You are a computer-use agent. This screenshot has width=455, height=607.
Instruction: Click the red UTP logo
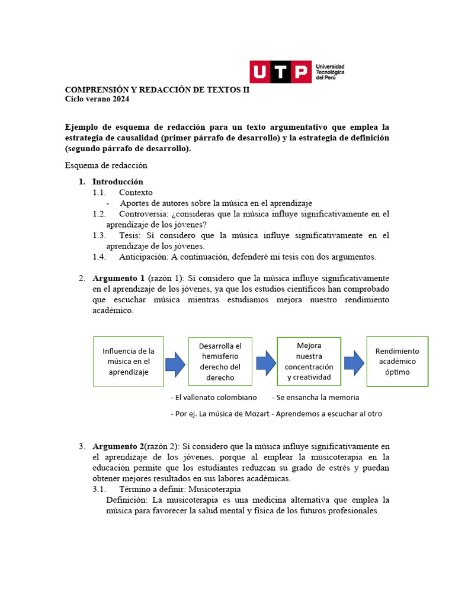(280, 72)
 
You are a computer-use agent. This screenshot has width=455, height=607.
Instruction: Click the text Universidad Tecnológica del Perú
(331, 72)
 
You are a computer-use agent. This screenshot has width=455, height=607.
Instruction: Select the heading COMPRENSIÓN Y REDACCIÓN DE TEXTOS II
(157, 90)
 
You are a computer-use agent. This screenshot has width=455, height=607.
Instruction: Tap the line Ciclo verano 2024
(97, 99)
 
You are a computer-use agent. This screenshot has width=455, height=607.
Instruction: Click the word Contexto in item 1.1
(136, 192)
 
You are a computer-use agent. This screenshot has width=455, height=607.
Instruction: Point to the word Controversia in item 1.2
(142, 213)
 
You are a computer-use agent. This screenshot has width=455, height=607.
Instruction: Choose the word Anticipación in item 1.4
(143, 257)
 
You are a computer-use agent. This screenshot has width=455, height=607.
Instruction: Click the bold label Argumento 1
(118, 278)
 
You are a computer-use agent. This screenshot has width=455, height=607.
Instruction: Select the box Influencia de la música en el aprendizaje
(129, 362)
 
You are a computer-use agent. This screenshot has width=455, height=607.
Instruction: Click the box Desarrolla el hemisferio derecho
(220, 362)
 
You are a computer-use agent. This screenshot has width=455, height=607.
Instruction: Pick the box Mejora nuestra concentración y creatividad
(309, 361)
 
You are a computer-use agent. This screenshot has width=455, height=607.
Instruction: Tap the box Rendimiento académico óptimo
(397, 362)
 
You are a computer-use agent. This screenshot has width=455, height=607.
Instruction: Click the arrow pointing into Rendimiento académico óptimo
(354, 362)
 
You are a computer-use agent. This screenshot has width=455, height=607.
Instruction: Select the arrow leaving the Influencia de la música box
(175, 363)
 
